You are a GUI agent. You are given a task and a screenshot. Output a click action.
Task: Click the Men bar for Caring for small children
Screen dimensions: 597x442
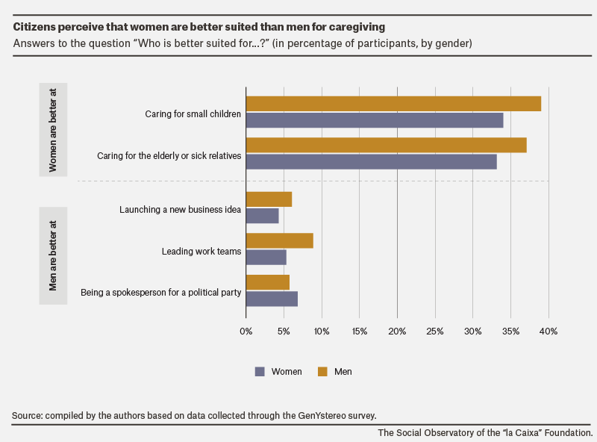[394, 104]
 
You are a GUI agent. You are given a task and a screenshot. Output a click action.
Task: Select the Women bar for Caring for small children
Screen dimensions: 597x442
[375, 120]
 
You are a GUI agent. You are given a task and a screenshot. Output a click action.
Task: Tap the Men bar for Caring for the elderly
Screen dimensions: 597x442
[387, 145]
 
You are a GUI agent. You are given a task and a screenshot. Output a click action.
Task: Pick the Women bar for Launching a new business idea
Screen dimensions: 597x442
[263, 216]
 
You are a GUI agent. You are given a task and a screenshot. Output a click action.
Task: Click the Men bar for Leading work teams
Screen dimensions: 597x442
[280, 241]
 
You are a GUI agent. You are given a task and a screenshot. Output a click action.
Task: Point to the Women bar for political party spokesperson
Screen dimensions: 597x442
[272, 299]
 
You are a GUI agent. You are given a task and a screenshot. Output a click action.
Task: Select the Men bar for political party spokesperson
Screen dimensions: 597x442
[268, 282]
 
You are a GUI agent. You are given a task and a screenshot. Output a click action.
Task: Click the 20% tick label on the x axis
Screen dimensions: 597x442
[397, 331]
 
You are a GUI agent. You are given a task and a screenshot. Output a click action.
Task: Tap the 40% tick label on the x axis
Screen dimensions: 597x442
[548, 331]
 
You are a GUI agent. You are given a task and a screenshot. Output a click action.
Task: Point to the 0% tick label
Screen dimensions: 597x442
[246, 331]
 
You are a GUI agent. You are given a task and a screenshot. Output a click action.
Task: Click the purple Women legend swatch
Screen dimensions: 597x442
[260, 372]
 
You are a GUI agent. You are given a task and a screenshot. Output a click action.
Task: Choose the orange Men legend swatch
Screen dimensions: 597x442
[322, 372]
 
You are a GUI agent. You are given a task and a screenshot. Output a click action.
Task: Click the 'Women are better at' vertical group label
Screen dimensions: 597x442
[53, 130]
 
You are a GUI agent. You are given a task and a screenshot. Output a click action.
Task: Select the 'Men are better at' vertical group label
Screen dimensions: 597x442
[53, 255]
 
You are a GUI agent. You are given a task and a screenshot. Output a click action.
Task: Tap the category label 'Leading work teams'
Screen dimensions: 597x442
[201, 252]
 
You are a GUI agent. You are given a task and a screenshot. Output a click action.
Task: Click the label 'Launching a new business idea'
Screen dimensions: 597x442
[180, 210]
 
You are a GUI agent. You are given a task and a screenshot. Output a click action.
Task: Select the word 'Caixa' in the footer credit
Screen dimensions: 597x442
[529, 433]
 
